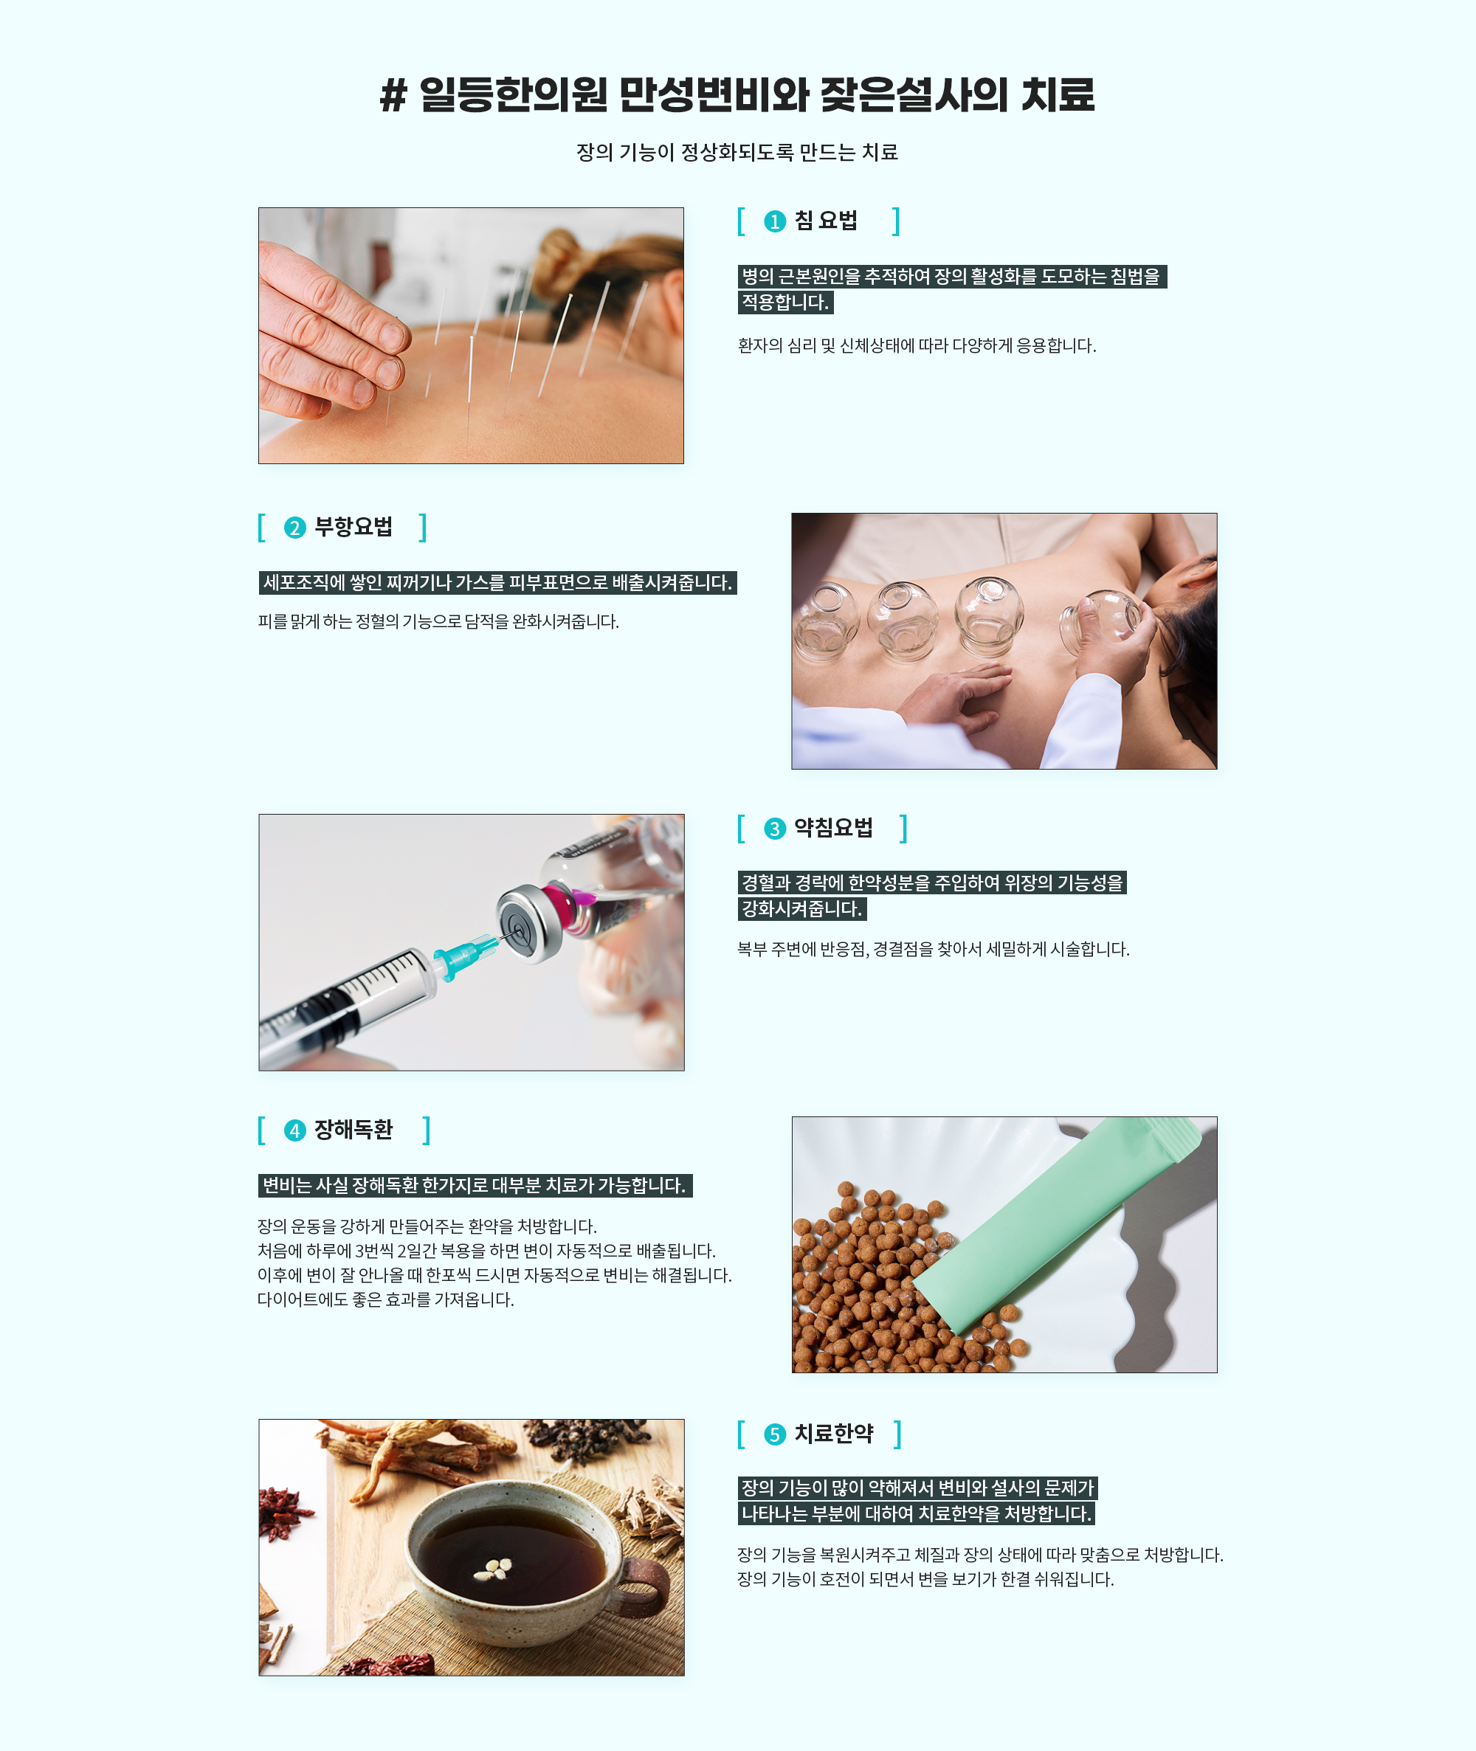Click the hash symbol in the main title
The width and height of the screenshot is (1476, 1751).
[x=393, y=94]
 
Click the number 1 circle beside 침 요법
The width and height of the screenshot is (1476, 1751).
[x=775, y=221]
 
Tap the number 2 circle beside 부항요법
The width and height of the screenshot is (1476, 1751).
[x=294, y=528]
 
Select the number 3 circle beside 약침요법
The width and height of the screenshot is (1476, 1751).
[x=775, y=828]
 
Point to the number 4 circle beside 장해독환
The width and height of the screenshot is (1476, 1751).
[x=294, y=1130]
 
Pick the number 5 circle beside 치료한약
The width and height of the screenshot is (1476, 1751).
[x=775, y=1434]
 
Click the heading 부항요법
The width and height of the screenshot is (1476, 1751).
[x=353, y=527]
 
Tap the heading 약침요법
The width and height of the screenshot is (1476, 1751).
[x=833, y=827]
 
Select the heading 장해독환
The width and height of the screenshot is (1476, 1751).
[x=353, y=1130]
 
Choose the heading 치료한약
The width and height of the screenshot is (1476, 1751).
[x=833, y=1433]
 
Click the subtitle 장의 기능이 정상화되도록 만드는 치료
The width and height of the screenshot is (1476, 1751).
[x=737, y=152]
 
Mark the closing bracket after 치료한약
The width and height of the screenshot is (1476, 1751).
[x=898, y=1434]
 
